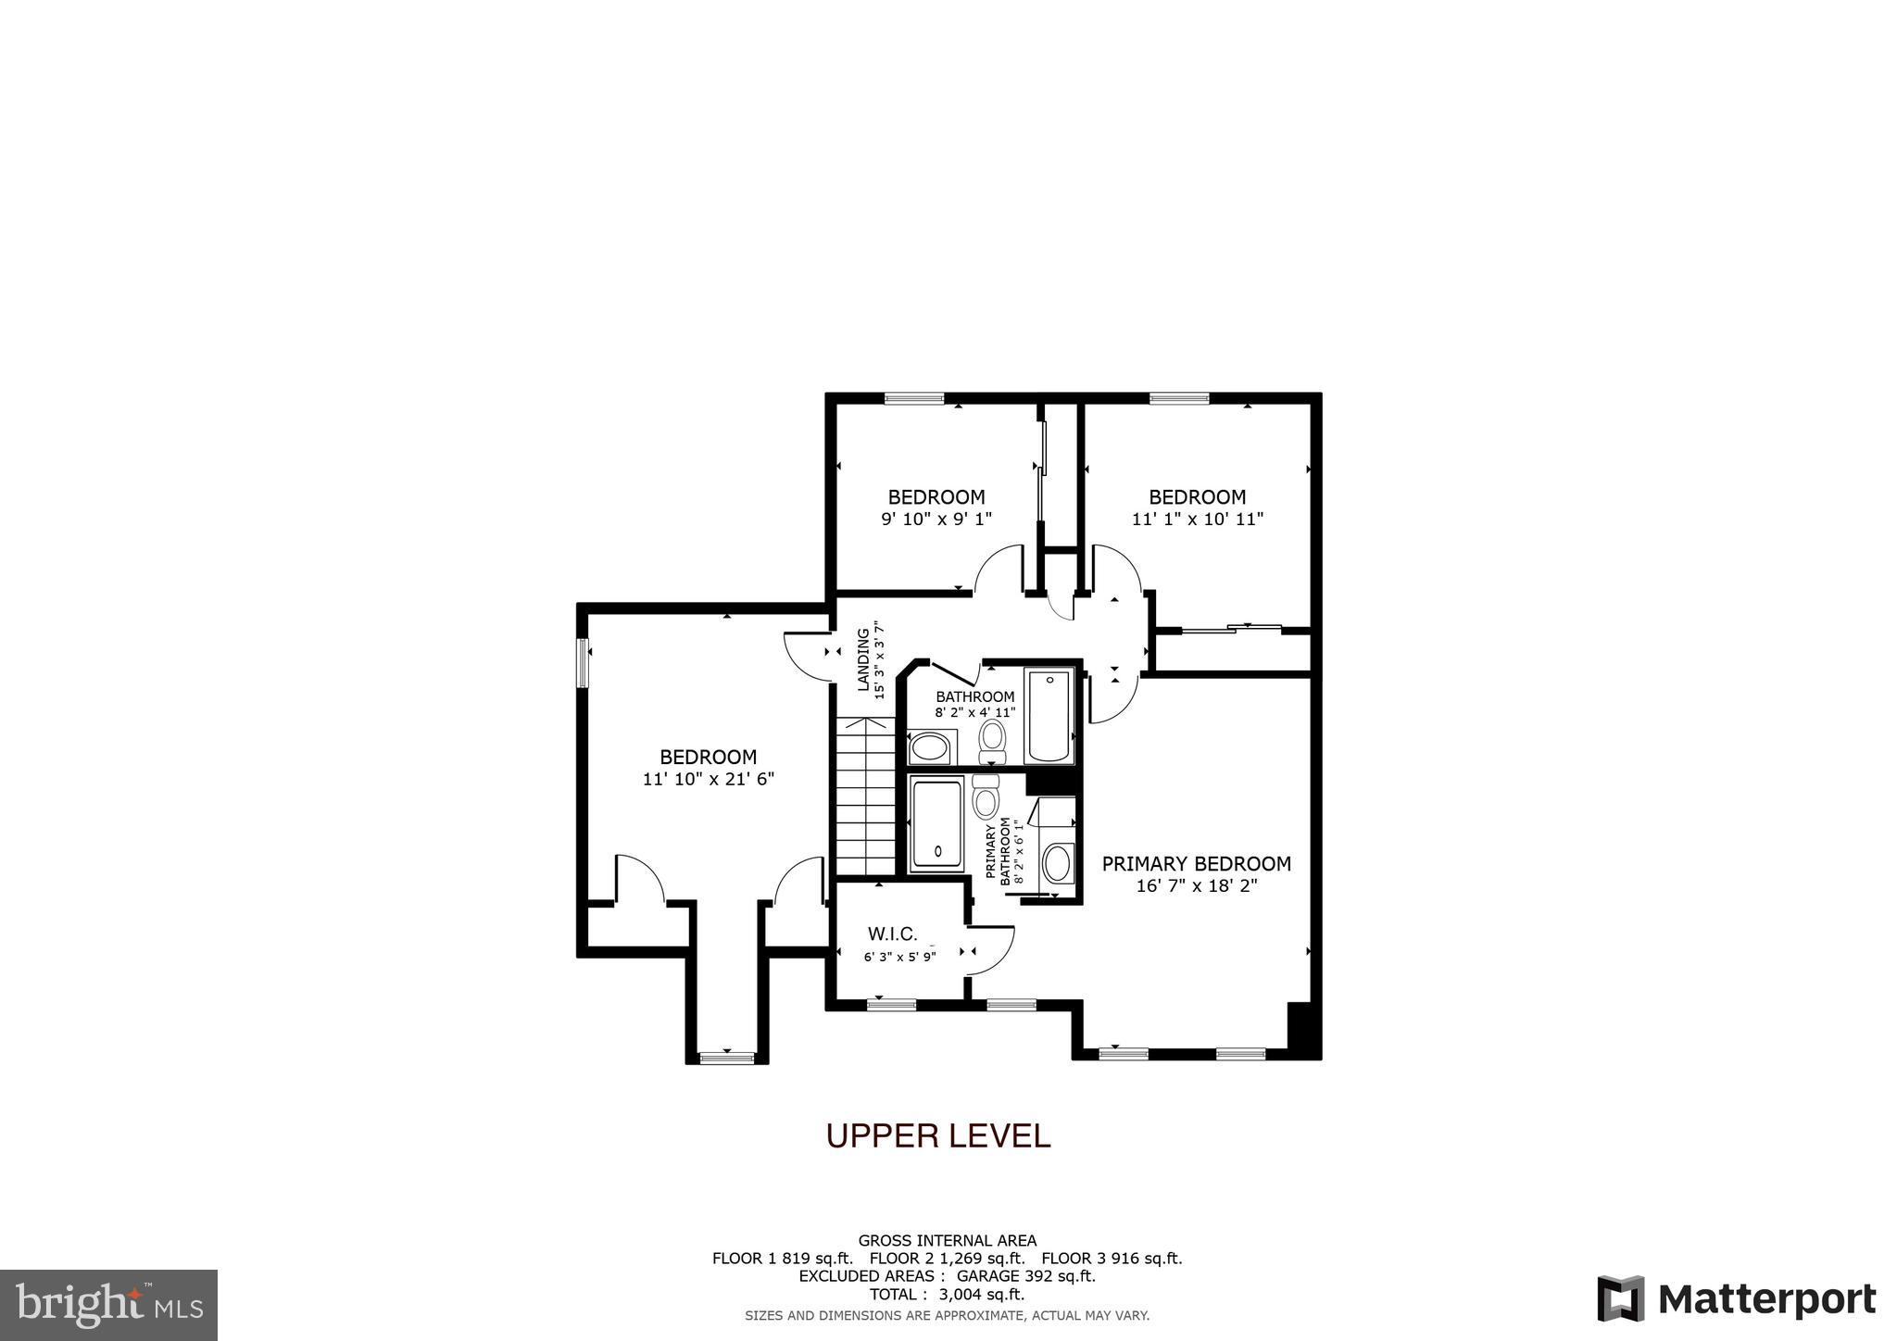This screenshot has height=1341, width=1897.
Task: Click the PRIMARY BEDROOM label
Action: click(x=1196, y=864)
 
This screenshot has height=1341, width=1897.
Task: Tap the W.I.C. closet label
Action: click(x=892, y=934)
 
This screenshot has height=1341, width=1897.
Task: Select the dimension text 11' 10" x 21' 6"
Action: click(x=708, y=780)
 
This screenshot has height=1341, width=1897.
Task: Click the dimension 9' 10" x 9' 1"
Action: click(x=936, y=520)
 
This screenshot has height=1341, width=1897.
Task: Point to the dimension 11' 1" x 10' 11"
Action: click(x=1197, y=520)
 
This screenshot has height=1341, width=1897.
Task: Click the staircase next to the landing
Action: click(x=865, y=796)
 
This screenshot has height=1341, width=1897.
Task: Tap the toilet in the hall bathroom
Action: click(x=992, y=742)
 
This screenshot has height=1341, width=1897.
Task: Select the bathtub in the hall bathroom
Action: click(x=1049, y=716)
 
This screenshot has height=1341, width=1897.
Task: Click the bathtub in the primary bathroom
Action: click(x=936, y=825)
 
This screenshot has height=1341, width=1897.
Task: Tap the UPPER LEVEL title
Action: click(x=937, y=1135)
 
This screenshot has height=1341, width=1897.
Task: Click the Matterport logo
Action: click(x=1736, y=1299)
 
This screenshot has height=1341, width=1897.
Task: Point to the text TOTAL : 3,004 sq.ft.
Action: click(x=947, y=1294)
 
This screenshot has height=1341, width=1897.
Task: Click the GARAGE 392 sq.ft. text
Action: click(x=1025, y=1276)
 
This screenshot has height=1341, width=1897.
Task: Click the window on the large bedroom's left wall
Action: click(x=584, y=662)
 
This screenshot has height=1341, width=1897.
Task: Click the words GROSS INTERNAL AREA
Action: click(x=947, y=1241)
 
